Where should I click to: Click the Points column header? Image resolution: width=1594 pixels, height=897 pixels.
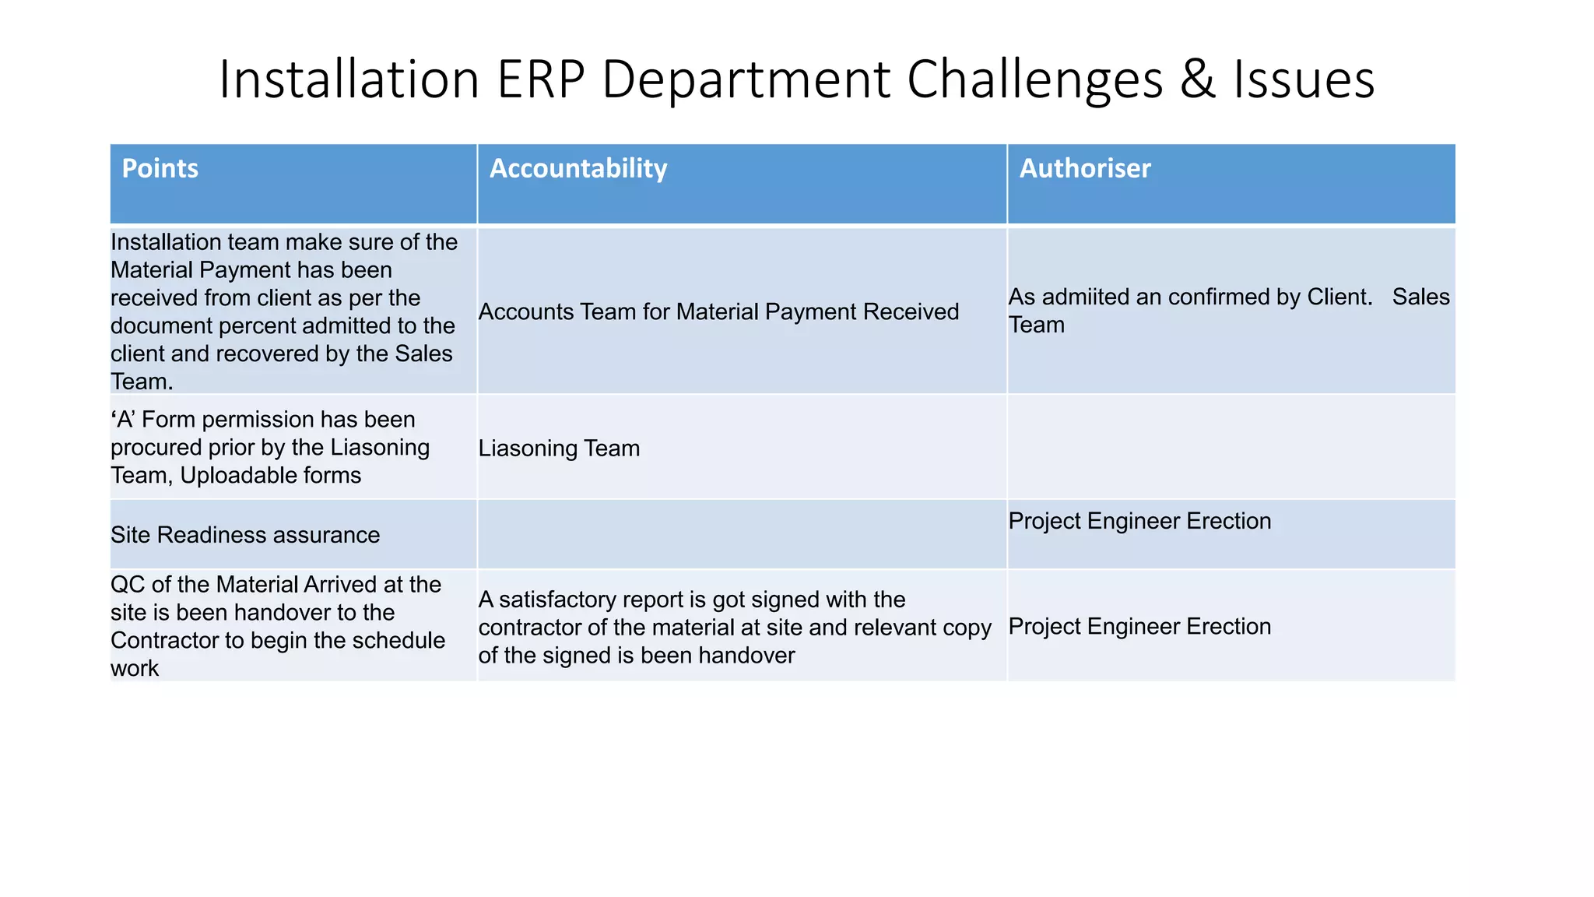pyautogui.click(x=160, y=168)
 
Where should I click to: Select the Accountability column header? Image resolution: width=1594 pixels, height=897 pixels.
pyautogui.click(x=578, y=168)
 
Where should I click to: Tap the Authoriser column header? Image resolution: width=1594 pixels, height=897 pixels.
pyautogui.click(x=1084, y=168)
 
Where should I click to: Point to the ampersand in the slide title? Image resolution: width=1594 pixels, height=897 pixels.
pyautogui.click(x=1197, y=79)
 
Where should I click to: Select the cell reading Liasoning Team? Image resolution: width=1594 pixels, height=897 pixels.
pyautogui.click(x=559, y=448)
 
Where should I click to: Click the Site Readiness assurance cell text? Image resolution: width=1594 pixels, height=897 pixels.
pyautogui.click(x=245, y=535)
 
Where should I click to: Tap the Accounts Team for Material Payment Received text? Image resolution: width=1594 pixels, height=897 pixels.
pyautogui.click(x=718, y=311)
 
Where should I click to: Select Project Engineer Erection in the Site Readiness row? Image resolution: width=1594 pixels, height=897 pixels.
pyautogui.click(x=1139, y=521)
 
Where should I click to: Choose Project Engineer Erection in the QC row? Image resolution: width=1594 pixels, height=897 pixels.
pyautogui.click(x=1139, y=626)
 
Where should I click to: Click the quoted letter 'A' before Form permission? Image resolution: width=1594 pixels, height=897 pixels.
pyautogui.click(x=124, y=420)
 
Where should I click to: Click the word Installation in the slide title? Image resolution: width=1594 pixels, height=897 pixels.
pyautogui.click(x=349, y=79)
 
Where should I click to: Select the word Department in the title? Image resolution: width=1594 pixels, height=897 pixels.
pyautogui.click(x=746, y=79)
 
